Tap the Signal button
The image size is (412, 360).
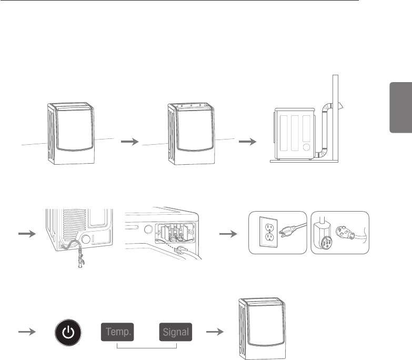click(176, 333)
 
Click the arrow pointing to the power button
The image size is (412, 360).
click(27, 333)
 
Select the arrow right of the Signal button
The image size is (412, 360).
click(213, 333)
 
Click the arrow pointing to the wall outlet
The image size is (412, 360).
click(229, 234)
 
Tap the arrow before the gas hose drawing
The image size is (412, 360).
click(27, 234)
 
